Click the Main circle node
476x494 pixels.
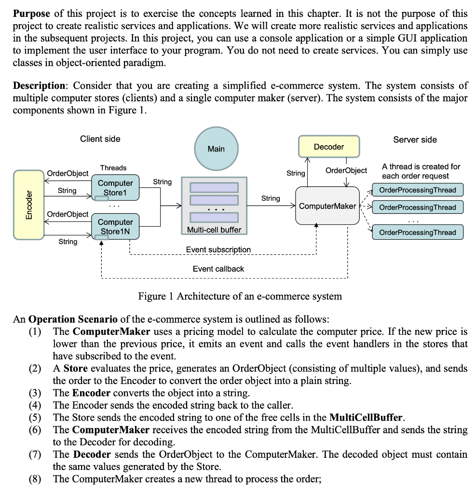coord(216,148)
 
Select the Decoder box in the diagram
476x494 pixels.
coord(328,146)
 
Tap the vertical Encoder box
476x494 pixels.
coord(29,205)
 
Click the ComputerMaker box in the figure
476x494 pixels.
coord(327,206)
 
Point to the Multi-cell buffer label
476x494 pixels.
coord(214,230)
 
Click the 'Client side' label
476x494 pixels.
coord(100,139)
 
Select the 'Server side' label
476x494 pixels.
coord(415,139)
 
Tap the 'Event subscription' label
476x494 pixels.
coord(218,249)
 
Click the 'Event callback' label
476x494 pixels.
coord(218,269)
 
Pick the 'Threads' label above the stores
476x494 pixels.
coord(113,168)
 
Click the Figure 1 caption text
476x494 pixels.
coord(240,296)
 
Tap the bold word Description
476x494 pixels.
coord(39,85)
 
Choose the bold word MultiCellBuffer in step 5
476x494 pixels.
coord(365,417)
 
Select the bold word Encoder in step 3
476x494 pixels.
coord(91,393)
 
